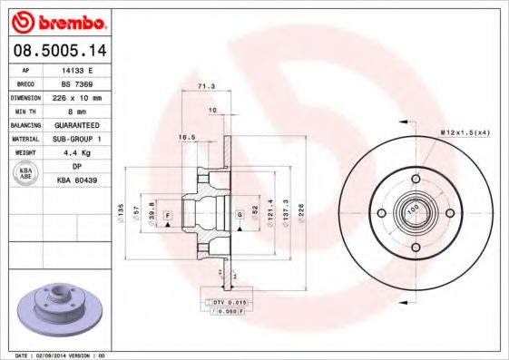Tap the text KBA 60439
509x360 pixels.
tap(87, 180)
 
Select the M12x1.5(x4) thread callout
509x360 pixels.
tap(465, 132)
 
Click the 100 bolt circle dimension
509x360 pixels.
tap(413, 209)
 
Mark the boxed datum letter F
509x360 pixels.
tap(168, 214)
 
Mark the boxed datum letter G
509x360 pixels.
tap(239, 214)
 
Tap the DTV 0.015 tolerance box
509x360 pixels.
tap(229, 300)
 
